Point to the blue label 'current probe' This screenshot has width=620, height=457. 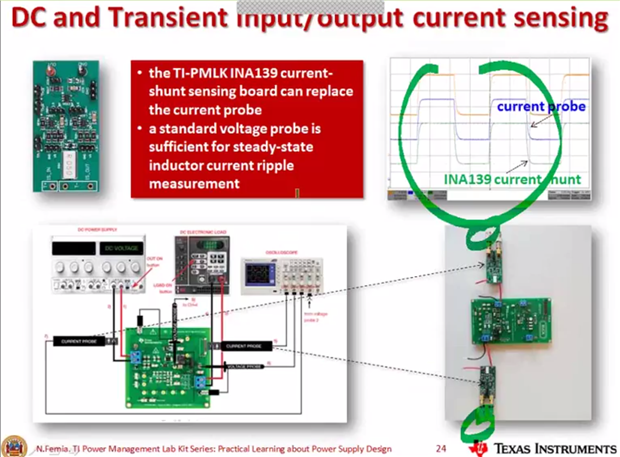(x=541, y=106)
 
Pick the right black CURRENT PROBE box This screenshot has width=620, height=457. (x=244, y=345)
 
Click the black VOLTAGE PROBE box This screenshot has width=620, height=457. (x=244, y=367)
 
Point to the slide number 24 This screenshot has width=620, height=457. (x=441, y=447)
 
